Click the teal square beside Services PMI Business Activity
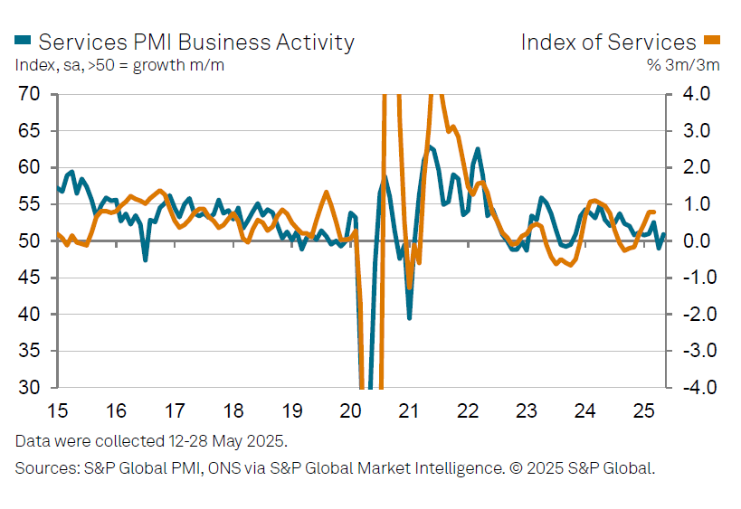(x=23, y=41)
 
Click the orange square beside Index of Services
(x=712, y=41)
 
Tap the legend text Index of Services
(x=609, y=42)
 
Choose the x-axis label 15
(x=58, y=411)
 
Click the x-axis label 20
(x=351, y=411)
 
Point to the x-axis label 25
(x=644, y=411)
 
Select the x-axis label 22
(x=468, y=411)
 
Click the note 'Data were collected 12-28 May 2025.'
(x=150, y=441)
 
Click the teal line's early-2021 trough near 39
(x=410, y=317)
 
